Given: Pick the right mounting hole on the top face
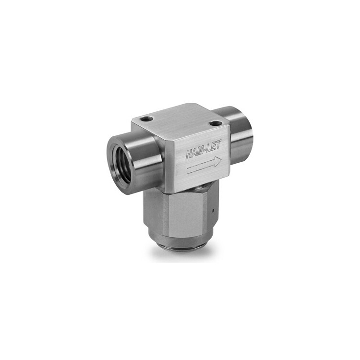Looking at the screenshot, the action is [x=216, y=124].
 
